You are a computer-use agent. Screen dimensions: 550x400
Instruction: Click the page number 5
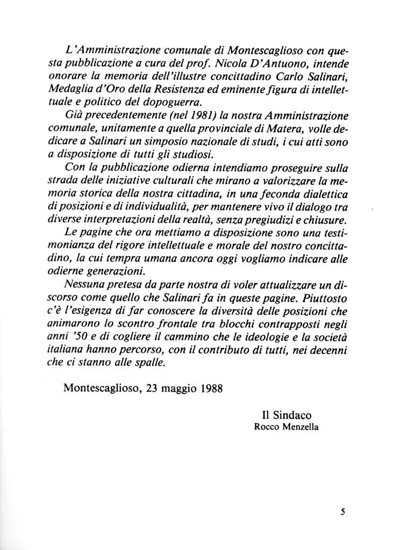click(x=341, y=511)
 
